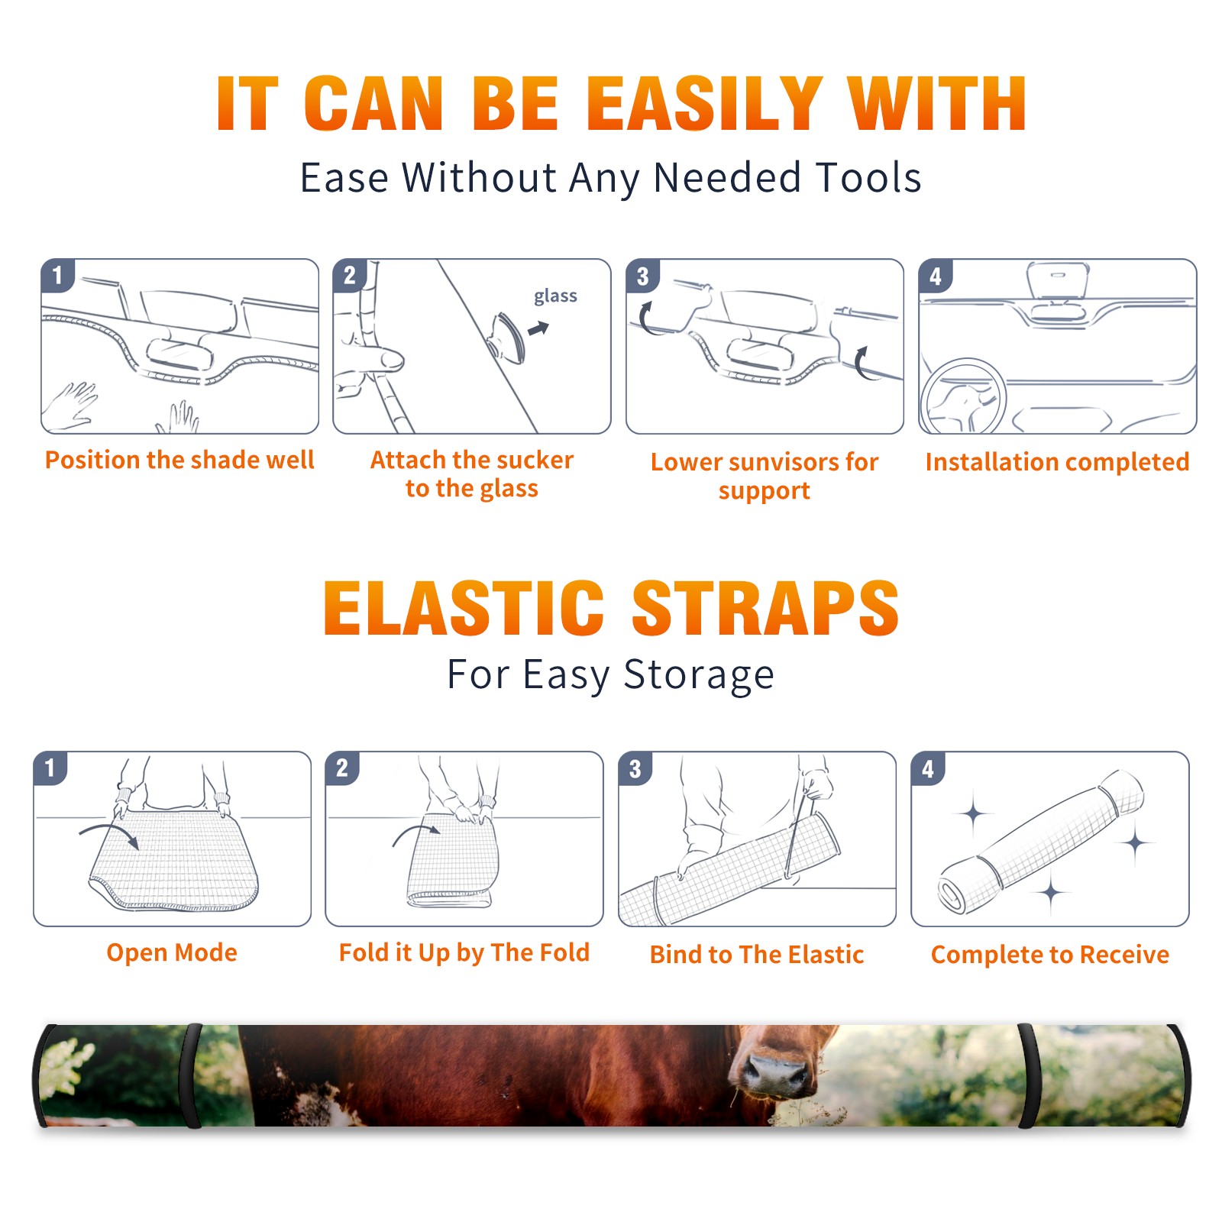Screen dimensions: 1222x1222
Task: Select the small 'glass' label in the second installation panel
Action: [555, 296]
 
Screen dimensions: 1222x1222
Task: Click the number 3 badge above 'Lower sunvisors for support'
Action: [643, 276]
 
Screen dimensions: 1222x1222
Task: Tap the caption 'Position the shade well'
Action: [179, 460]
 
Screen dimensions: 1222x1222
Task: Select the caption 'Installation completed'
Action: [1057, 462]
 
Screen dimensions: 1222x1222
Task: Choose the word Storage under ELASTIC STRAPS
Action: [699, 675]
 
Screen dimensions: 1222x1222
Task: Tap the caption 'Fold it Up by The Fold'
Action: [464, 952]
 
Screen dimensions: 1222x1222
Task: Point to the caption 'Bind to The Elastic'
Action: [757, 954]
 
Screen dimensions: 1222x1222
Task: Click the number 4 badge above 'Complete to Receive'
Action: [928, 768]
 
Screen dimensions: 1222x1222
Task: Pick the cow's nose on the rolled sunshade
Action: [775, 1071]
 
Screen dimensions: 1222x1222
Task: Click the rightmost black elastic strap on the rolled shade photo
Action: [1027, 1076]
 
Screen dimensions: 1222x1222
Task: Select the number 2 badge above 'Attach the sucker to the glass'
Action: [350, 276]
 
